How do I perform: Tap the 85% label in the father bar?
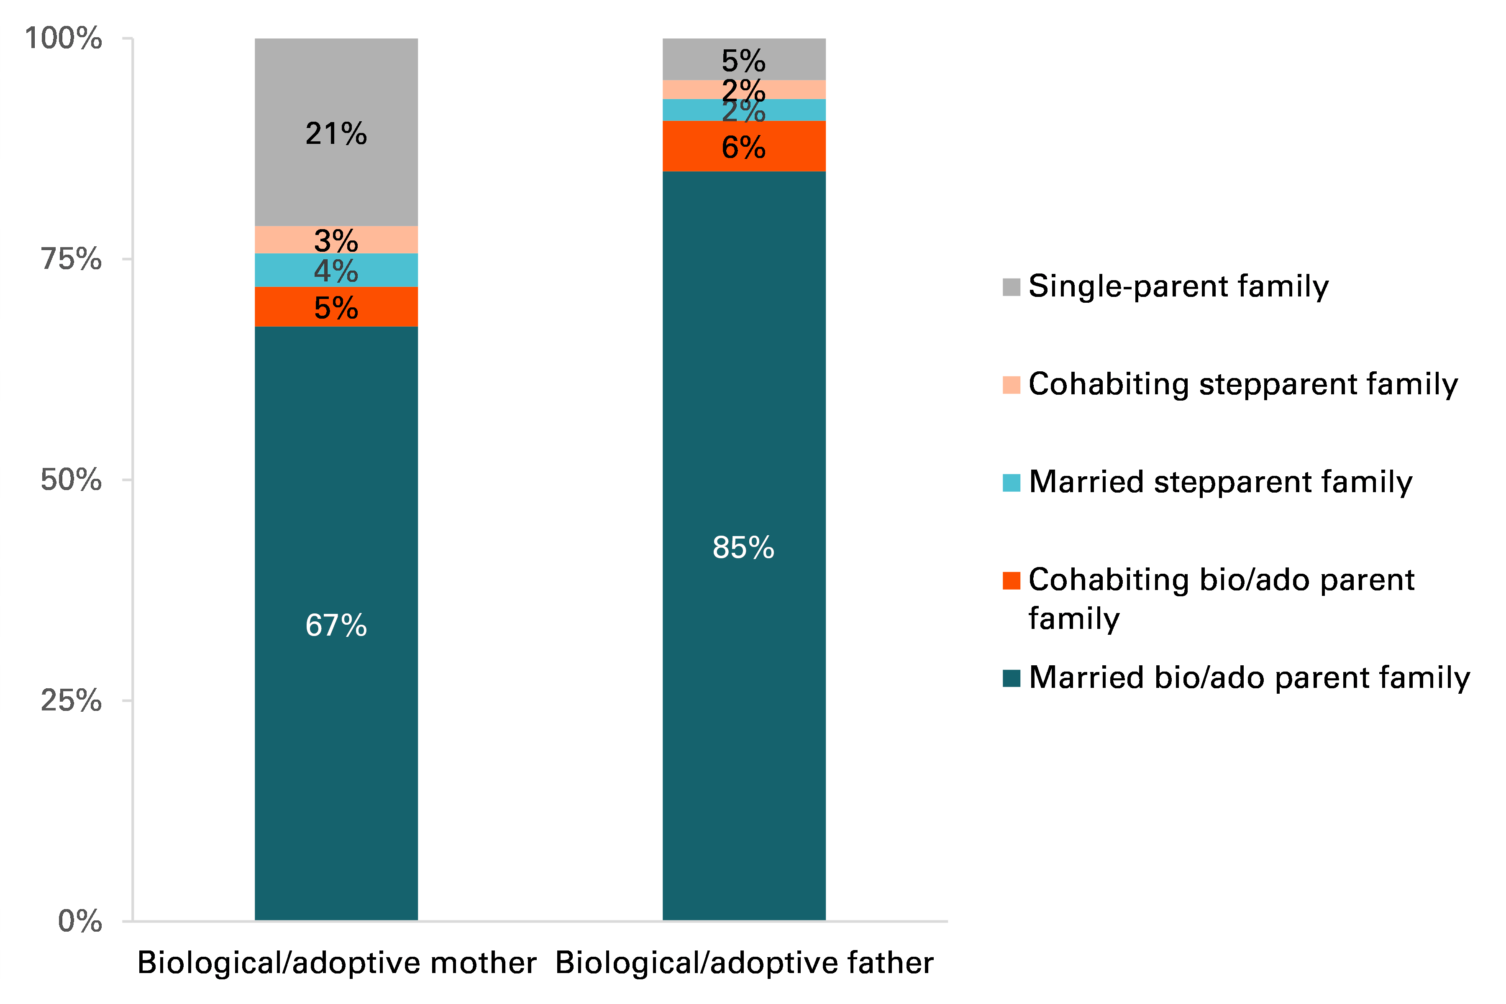[x=743, y=547]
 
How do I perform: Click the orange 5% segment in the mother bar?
[x=336, y=307]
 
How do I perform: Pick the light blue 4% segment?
[x=336, y=270]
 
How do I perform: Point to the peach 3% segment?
[x=336, y=240]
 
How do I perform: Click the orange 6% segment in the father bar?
[x=743, y=147]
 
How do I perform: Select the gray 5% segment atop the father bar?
[x=743, y=59]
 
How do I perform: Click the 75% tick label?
[x=70, y=259]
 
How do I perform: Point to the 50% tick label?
[x=70, y=480]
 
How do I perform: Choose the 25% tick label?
[x=70, y=700]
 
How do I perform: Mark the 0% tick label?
[x=79, y=921]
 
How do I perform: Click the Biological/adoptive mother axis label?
[x=337, y=962]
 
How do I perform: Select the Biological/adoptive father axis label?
[x=744, y=962]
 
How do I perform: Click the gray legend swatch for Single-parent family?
[x=1011, y=287]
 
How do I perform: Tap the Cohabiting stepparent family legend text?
[x=1243, y=384]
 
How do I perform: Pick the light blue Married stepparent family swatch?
[x=1011, y=483]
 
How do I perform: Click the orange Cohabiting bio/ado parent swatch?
[x=1011, y=580]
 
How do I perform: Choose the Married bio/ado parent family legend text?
[x=1249, y=677]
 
